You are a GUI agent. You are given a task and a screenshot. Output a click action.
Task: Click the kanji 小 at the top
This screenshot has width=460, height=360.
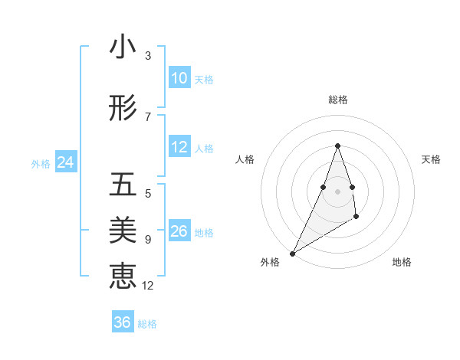click(123, 47)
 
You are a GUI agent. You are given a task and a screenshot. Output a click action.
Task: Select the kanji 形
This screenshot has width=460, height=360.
click(123, 110)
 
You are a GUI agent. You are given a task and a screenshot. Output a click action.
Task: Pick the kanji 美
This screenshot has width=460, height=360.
click(123, 230)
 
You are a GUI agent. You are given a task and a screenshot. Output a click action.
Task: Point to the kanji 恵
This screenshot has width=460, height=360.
click(123, 275)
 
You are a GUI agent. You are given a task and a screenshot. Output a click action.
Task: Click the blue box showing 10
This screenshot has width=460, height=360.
click(179, 78)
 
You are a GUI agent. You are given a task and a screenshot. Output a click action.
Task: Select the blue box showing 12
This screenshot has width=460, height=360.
click(179, 147)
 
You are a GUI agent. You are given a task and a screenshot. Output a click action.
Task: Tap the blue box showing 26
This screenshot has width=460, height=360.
click(179, 231)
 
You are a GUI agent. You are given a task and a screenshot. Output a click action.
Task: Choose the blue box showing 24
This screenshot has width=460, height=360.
click(65, 162)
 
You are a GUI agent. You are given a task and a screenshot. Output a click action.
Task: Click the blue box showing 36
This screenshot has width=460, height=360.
click(122, 322)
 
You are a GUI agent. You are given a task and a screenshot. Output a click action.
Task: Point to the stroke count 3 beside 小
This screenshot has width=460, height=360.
click(148, 56)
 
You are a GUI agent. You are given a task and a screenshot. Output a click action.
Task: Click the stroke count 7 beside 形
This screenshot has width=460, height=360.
click(148, 117)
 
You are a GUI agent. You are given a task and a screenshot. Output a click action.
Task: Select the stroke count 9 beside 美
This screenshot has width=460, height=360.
click(148, 240)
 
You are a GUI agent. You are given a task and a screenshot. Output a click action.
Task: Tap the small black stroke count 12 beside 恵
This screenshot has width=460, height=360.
click(148, 286)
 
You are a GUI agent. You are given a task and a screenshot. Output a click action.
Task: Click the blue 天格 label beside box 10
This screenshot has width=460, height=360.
click(204, 79)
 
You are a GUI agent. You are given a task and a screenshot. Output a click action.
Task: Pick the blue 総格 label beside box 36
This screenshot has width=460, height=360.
click(147, 323)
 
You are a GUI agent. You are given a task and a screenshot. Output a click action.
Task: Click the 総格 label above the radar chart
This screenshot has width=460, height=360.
click(338, 100)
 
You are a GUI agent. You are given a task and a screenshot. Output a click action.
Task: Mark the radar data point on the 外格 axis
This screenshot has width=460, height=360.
click(292, 254)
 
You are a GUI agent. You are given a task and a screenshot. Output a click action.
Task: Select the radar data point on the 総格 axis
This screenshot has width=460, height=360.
click(338, 146)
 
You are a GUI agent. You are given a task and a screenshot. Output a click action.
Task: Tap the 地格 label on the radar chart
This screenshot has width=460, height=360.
click(402, 262)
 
